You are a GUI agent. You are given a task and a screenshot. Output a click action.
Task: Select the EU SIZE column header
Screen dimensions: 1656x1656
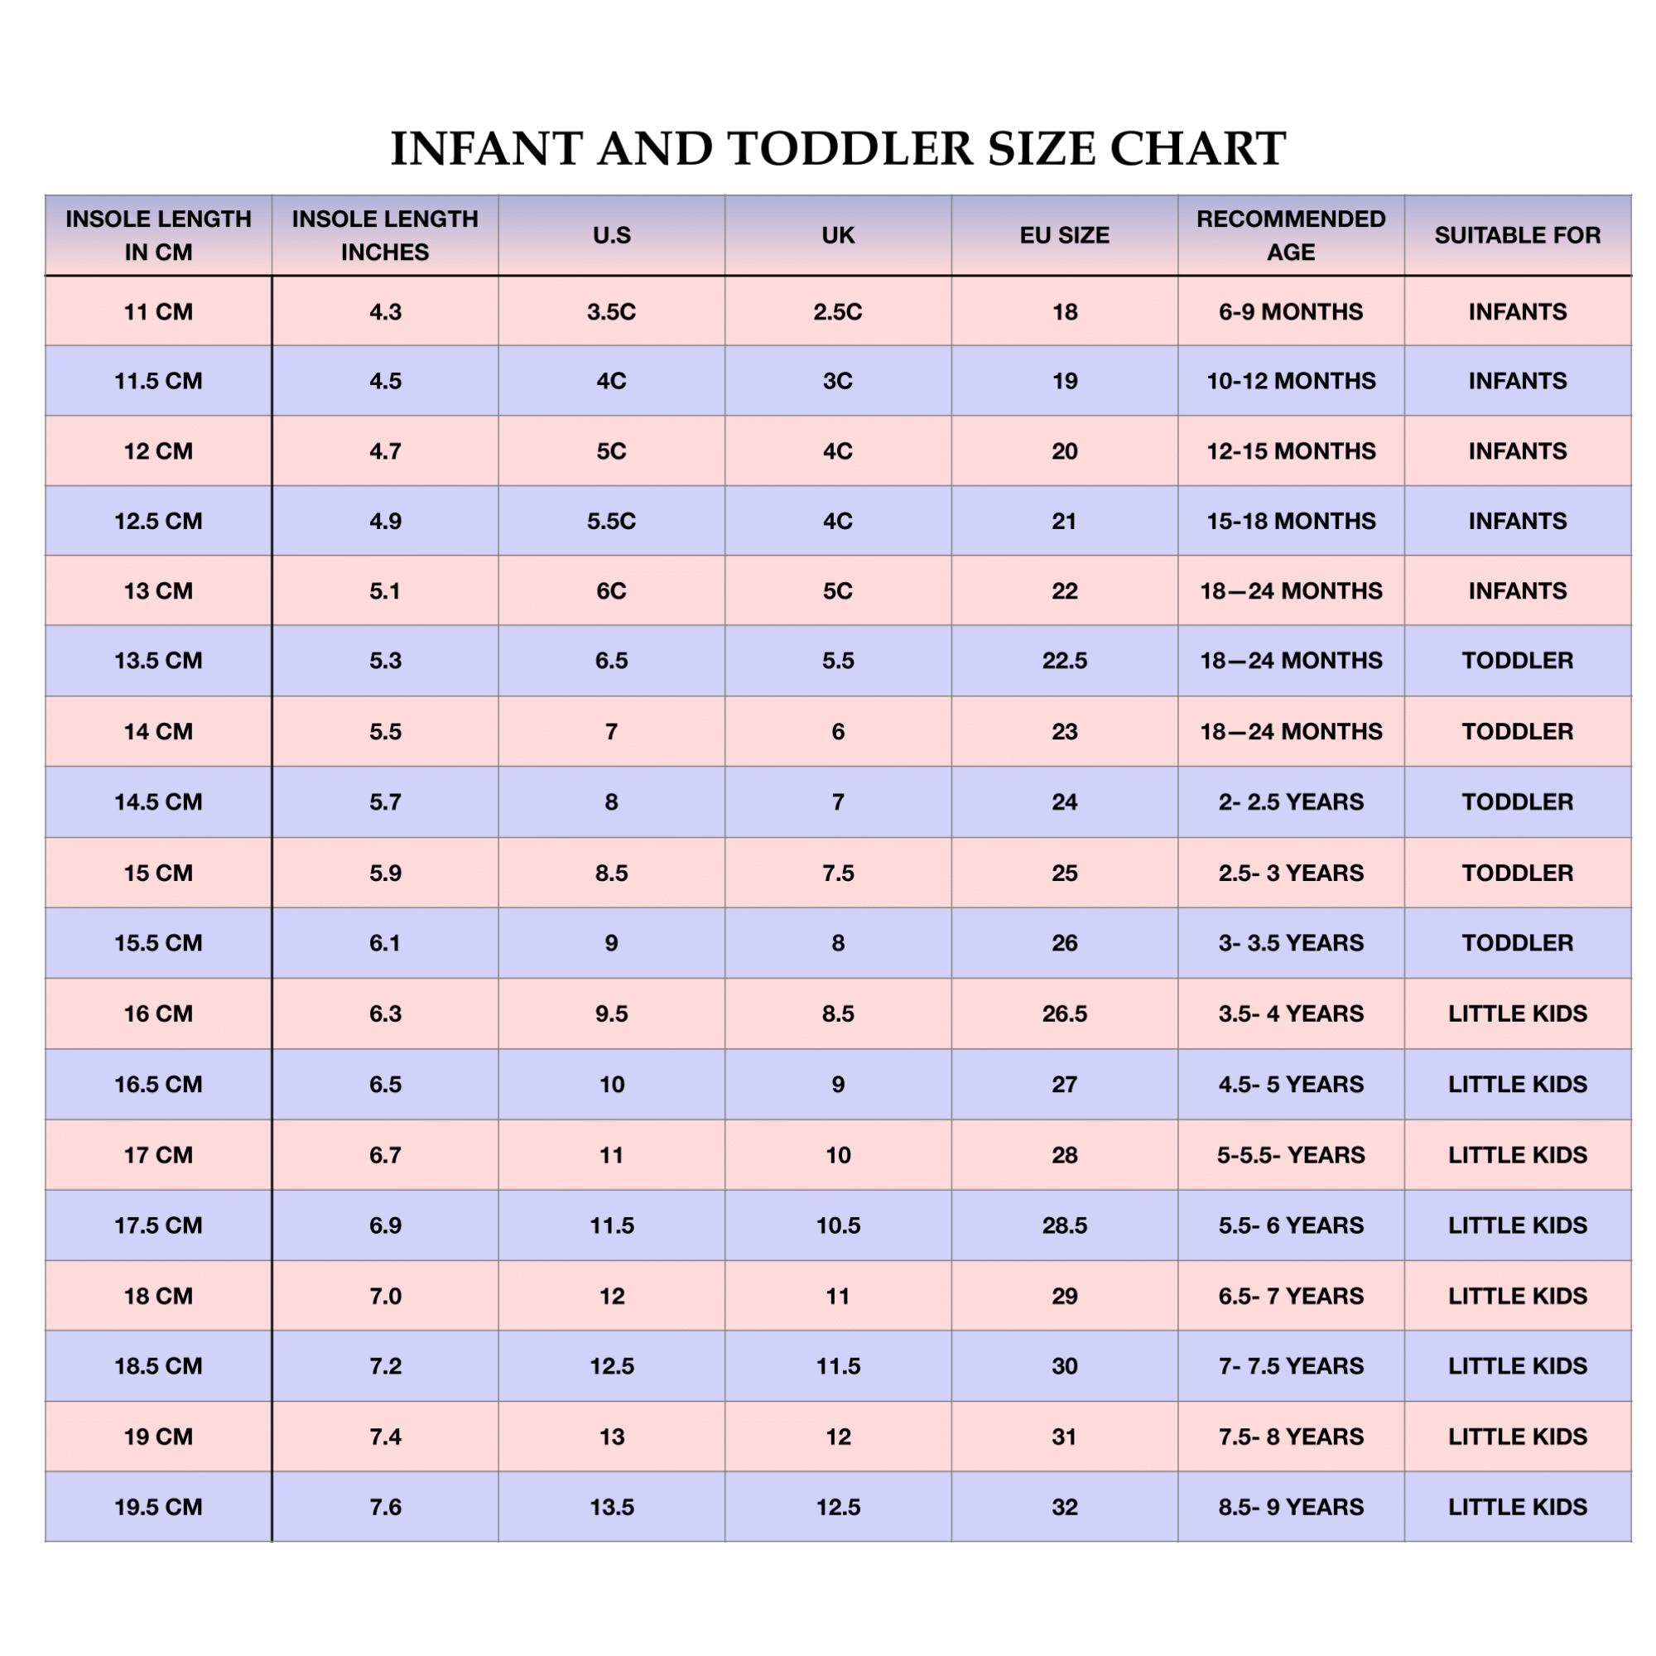(x=1064, y=235)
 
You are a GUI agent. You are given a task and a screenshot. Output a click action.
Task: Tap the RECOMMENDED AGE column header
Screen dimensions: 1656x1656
(x=1291, y=235)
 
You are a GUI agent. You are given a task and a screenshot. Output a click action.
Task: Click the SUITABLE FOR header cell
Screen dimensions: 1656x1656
(x=1517, y=235)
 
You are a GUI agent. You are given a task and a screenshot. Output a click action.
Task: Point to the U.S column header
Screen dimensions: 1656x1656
(x=611, y=235)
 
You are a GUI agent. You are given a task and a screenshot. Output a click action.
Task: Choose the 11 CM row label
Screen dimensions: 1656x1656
(x=159, y=312)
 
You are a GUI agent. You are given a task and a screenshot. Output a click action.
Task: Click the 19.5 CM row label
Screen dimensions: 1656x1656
(x=159, y=1507)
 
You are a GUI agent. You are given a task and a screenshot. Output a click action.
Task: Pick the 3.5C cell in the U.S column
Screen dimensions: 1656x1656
(x=611, y=312)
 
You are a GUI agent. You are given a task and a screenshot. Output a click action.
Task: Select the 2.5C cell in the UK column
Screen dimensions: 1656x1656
(x=837, y=312)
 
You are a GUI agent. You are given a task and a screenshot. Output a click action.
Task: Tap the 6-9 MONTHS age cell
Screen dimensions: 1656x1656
(x=1291, y=312)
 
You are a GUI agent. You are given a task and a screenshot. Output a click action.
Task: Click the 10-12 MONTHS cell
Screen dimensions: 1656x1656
(x=1291, y=381)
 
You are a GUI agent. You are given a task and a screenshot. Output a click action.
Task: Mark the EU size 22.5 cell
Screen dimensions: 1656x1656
(x=1064, y=661)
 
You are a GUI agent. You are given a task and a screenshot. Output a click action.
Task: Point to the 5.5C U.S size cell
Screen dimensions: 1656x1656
(x=611, y=521)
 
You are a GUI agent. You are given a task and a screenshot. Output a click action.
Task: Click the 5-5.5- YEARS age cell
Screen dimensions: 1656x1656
(x=1291, y=1155)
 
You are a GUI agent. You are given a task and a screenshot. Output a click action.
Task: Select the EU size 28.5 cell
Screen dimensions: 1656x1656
(x=1064, y=1225)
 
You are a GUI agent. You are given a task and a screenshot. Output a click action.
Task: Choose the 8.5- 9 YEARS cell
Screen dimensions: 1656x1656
(x=1291, y=1507)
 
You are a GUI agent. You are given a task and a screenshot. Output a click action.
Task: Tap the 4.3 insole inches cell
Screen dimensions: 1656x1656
(x=385, y=312)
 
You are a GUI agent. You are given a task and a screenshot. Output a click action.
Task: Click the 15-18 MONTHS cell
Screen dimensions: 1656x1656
(x=1291, y=521)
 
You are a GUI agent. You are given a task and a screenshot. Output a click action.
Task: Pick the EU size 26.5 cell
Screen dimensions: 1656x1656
(x=1064, y=1014)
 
